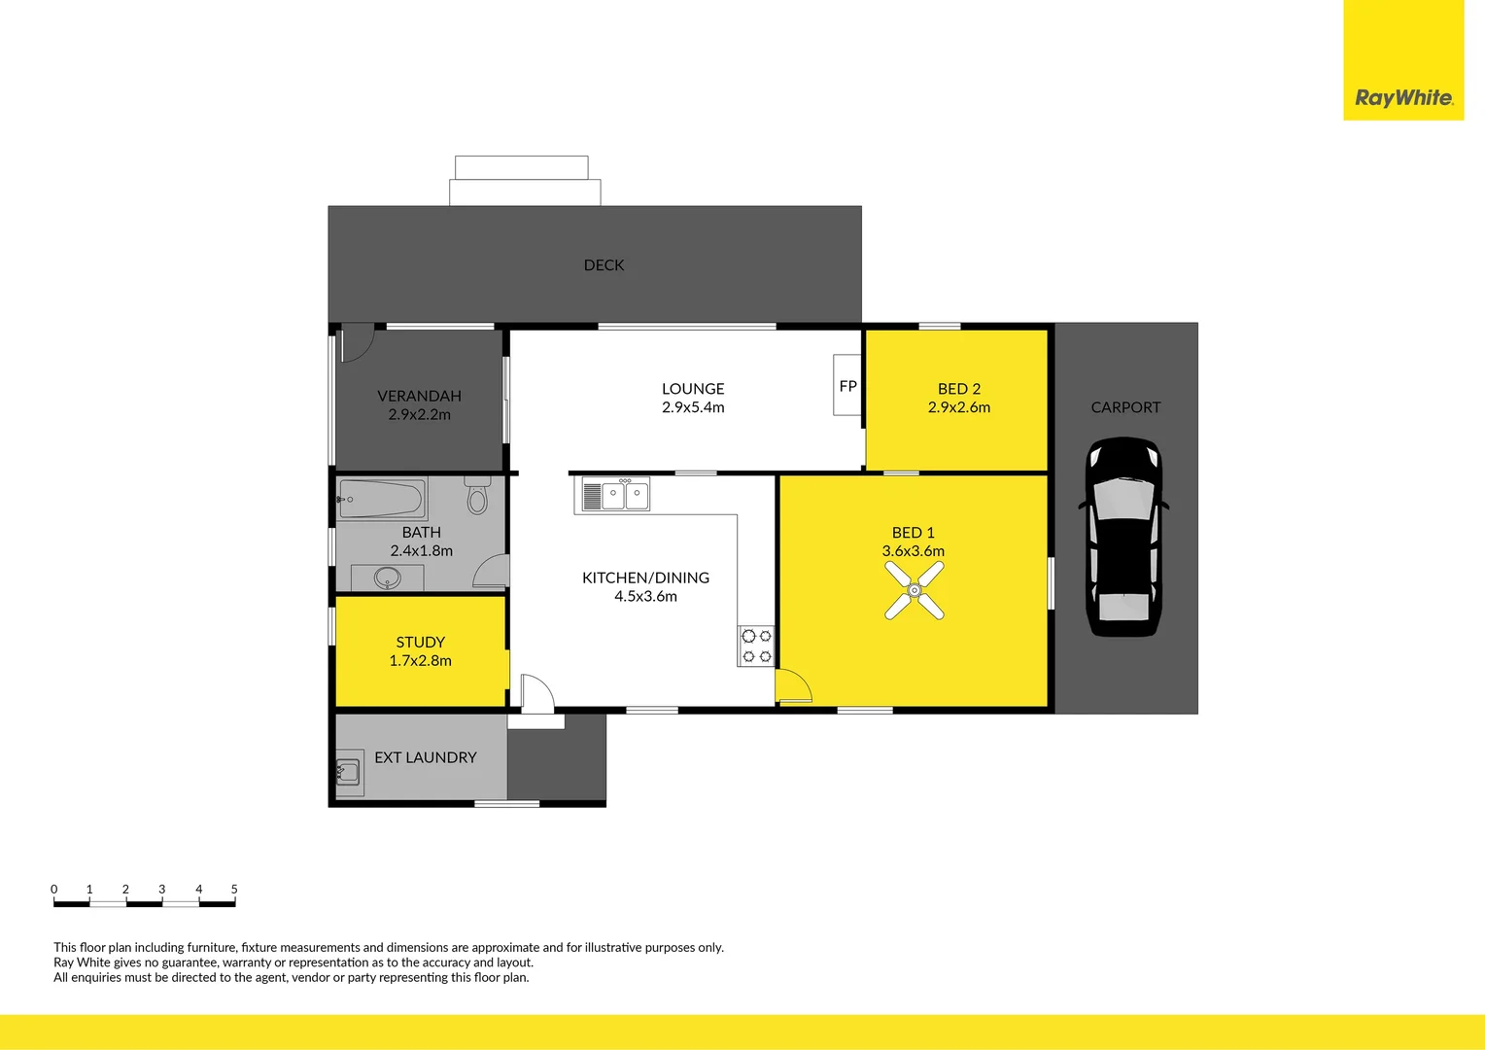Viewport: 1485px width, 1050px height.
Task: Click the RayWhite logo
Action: (x=1403, y=97)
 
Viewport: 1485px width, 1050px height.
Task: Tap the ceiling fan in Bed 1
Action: (x=915, y=590)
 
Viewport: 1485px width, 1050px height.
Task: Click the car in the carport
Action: (x=1123, y=537)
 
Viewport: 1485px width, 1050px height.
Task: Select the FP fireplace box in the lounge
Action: (x=847, y=386)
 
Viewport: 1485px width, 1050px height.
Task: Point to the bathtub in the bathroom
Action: (x=382, y=500)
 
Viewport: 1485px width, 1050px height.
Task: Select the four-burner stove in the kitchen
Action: (x=756, y=647)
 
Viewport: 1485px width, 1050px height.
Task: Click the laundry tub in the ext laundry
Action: (x=348, y=773)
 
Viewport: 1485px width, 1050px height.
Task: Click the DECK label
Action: (x=604, y=265)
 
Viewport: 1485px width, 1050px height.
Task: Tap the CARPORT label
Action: (x=1125, y=407)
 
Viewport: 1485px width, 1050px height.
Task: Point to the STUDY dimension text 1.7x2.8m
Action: (x=420, y=661)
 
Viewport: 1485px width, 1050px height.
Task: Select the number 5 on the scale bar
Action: (x=234, y=889)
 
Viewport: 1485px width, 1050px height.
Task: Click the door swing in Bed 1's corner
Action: (x=792, y=686)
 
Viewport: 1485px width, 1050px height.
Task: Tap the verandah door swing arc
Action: (x=357, y=342)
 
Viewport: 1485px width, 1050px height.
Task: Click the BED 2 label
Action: (x=958, y=389)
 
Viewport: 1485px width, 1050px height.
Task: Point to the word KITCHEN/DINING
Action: (x=645, y=577)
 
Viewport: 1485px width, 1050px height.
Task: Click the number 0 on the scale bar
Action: (x=54, y=889)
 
